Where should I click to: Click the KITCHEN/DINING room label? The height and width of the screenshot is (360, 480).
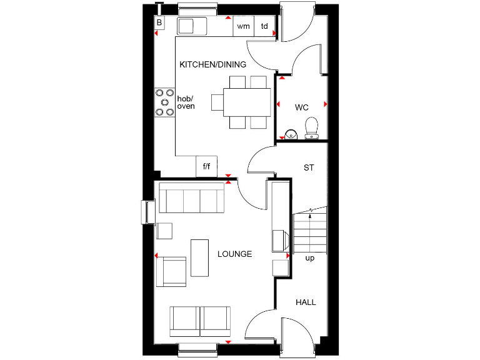tap(212, 64)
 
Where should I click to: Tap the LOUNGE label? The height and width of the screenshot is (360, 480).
tap(234, 254)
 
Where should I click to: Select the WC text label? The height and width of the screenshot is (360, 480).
tap(302, 107)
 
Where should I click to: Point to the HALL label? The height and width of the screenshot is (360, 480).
tap(306, 302)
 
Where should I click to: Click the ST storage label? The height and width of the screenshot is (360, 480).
tap(308, 167)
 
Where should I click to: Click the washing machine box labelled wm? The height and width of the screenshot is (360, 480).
tap(243, 26)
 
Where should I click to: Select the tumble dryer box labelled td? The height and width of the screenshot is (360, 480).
tap(265, 26)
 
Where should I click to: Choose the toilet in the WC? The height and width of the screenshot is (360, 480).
tap(311, 128)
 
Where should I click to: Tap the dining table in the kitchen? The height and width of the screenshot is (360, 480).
tap(241, 102)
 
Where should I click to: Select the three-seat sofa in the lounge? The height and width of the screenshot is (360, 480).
tap(192, 199)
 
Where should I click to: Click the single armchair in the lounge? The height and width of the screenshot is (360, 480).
tap(171, 271)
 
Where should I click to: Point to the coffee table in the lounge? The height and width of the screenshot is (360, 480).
tap(200, 257)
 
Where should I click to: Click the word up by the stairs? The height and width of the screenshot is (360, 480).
tap(309, 258)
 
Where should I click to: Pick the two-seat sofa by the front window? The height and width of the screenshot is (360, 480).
tap(200, 321)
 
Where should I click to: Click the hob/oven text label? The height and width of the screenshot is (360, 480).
tap(186, 102)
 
